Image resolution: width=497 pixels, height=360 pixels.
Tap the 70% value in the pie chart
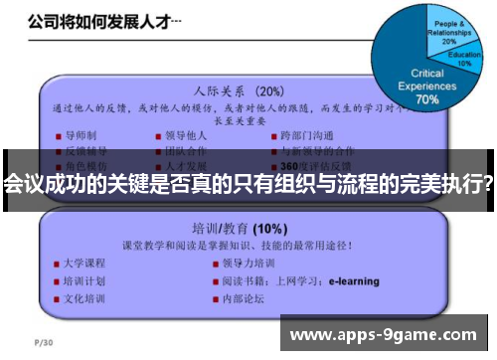tap(427, 99)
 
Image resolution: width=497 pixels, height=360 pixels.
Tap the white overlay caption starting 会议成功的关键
tap(248, 184)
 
